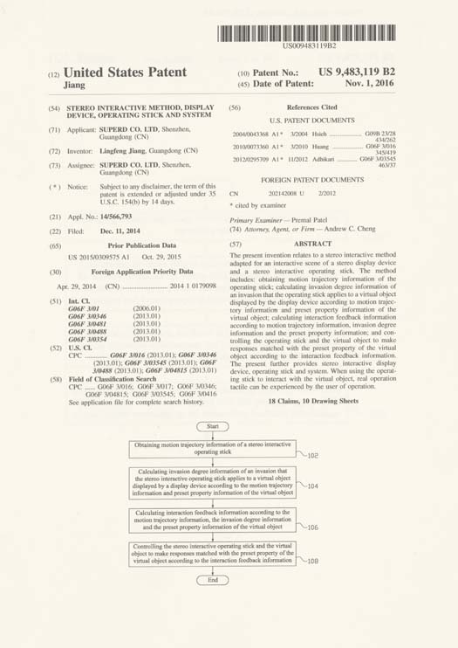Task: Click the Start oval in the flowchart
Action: (x=213, y=426)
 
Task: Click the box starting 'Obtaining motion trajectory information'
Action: (x=213, y=449)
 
